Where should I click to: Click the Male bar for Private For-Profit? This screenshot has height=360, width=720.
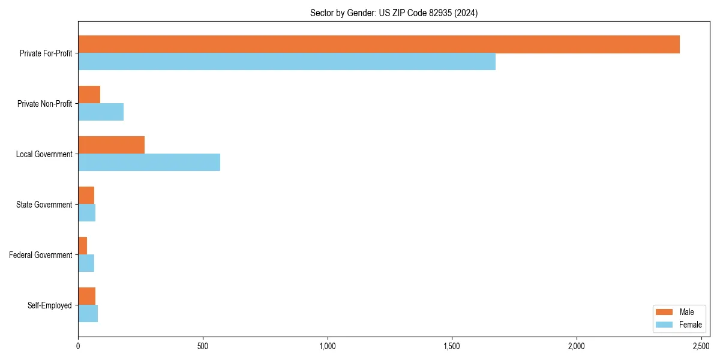pos(379,44)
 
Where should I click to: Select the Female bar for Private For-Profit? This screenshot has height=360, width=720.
pos(287,62)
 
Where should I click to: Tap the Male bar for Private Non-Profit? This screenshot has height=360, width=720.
pos(89,95)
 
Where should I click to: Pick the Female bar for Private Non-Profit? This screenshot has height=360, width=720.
pos(101,112)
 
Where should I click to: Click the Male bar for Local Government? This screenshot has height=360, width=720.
pos(111,145)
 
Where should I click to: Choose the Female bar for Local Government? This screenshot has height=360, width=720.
pos(149,163)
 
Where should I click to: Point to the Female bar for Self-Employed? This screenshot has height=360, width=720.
pos(88,314)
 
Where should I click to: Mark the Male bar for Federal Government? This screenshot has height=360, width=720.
pos(82,246)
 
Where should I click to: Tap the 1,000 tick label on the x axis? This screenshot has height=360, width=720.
pos(328,347)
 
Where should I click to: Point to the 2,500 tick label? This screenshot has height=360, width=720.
pos(701,347)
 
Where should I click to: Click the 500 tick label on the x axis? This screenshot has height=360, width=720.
pos(203,347)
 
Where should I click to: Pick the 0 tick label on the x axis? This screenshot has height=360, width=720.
pos(78,347)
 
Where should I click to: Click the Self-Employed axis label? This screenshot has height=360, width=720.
pos(50,305)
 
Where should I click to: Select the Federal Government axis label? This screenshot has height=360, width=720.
pos(41,255)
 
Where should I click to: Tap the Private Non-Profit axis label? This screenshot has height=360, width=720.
pos(44,104)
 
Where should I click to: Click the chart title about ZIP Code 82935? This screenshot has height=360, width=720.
pos(394,13)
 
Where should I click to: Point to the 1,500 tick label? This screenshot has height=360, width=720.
pos(452,347)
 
